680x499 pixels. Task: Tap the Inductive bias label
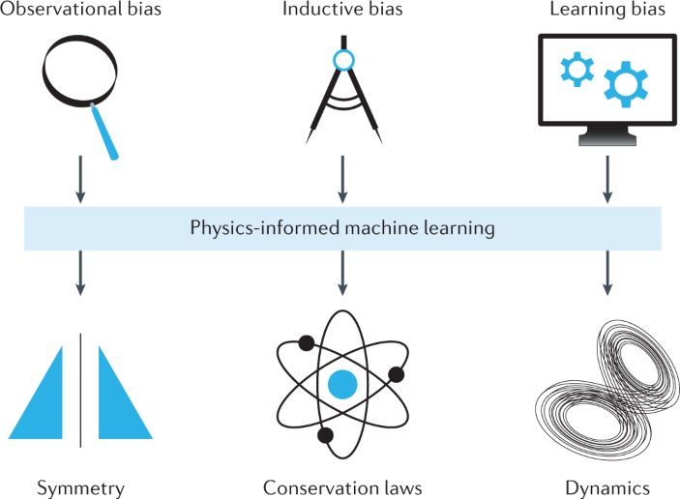coord(340,11)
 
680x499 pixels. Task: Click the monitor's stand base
coord(605,139)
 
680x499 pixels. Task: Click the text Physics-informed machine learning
coord(342,228)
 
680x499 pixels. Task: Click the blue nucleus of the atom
coord(341,385)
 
